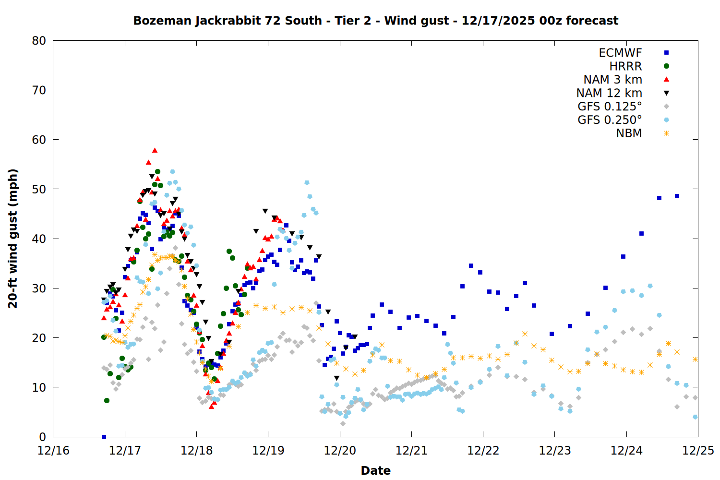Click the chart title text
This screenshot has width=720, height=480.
point(375,21)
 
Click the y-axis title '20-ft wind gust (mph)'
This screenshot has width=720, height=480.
point(13,239)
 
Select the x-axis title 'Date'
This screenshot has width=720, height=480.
point(375,470)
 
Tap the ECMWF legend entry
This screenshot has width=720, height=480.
point(620,53)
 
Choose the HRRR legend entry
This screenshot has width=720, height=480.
point(625,66)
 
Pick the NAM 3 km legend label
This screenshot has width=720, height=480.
point(612,80)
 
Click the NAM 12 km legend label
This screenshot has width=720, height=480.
point(609,93)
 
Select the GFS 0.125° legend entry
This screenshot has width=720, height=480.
point(610,107)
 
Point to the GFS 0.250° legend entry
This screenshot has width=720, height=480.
point(610,120)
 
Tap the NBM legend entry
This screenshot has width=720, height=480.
point(629,133)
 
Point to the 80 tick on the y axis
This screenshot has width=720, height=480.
point(39,41)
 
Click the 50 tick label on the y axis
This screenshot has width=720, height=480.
point(39,189)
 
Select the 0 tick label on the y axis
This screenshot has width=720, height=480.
point(42,437)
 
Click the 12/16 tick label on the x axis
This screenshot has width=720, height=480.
point(53,451)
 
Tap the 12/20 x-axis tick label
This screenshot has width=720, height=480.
point(340,451)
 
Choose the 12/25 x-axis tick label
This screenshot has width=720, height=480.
point(698,451)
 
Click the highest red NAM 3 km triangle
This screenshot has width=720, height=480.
point(155,150)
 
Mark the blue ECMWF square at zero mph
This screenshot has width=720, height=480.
point(104,437)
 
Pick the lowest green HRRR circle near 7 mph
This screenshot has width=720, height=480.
point(107,400)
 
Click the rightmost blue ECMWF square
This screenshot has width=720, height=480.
point(677,196)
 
